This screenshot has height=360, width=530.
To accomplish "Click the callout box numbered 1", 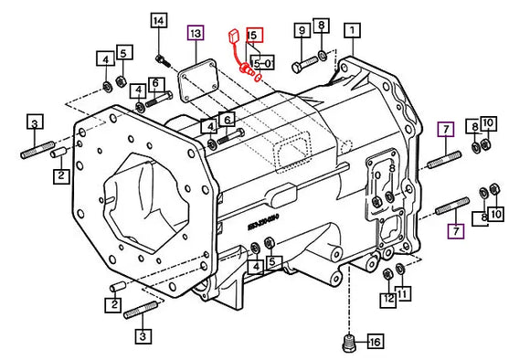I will pos(350,30).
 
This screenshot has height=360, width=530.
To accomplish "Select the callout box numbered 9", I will pos(300,30).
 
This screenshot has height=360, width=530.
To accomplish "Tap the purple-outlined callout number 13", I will pos(195,34).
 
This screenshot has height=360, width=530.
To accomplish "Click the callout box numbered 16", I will pos(373,343).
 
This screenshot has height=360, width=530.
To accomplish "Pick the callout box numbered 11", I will pos(404,294).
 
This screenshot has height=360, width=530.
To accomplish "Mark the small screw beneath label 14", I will pos(163,60).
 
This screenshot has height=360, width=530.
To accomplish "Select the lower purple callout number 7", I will pos(454,231).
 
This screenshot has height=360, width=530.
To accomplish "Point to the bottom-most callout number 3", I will pos(142,336).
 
